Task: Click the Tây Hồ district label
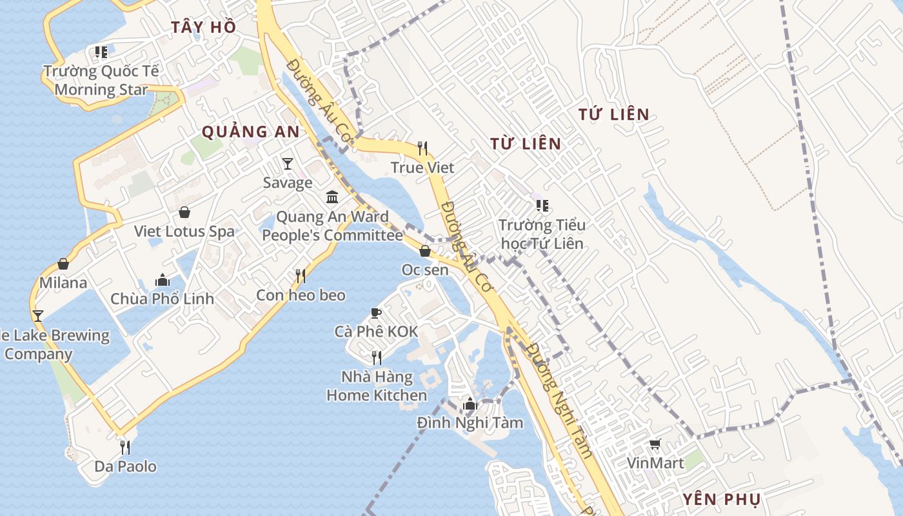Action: coord(203,27)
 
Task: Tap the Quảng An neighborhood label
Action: coord(250,132)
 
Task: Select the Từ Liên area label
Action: coord(526,144)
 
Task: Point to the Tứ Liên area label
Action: coord(613,115)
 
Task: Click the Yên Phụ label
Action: coord(722,499)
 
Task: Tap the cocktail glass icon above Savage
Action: coord(288,164)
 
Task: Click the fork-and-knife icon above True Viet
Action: coord(422,148)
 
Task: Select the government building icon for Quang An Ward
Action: coord(332,197)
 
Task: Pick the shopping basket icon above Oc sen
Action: coord(425,251)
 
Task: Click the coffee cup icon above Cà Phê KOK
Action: coord(376,313)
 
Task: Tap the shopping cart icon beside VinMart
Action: coord(655,444)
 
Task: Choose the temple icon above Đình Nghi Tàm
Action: coord(470,404)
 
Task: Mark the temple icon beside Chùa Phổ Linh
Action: coord(163,280)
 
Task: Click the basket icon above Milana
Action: coord(63,264)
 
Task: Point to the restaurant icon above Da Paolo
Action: coord(125,446)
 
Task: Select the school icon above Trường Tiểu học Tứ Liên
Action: coord(542,206)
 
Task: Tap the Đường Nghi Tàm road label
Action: coord(559,400)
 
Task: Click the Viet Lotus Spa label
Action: coord(184,231)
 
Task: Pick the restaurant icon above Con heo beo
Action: coord(301,276)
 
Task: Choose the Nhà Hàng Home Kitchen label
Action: coord(377,386)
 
